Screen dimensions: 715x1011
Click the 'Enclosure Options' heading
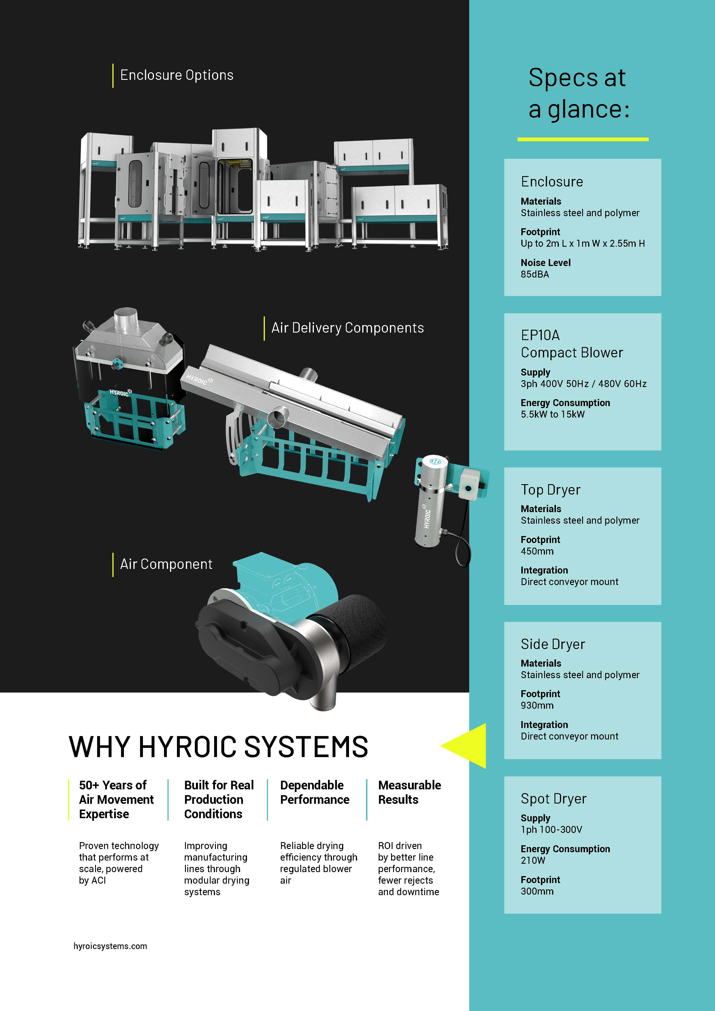177,75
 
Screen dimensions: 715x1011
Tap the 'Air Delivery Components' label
347,328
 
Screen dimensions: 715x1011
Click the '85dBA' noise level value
535,274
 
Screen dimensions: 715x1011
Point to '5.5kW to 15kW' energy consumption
552,414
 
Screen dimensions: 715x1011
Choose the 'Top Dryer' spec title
550,490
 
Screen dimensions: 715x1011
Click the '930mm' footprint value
537,706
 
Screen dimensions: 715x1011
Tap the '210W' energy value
533,860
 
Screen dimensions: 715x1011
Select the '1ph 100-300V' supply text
551,830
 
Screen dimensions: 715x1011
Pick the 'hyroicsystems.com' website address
110,946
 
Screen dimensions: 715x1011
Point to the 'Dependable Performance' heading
314,792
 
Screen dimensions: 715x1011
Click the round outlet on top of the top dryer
125,318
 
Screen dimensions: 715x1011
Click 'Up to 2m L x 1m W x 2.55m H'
582,244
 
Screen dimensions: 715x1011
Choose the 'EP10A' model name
540,335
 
